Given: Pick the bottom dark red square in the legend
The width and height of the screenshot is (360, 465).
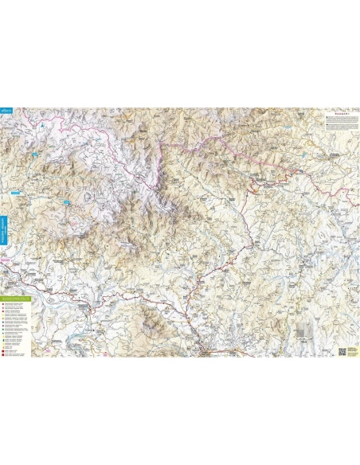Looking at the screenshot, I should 6,350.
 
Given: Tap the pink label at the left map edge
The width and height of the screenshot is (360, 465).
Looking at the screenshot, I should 6,259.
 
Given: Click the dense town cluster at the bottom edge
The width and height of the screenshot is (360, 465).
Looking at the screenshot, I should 209,350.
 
